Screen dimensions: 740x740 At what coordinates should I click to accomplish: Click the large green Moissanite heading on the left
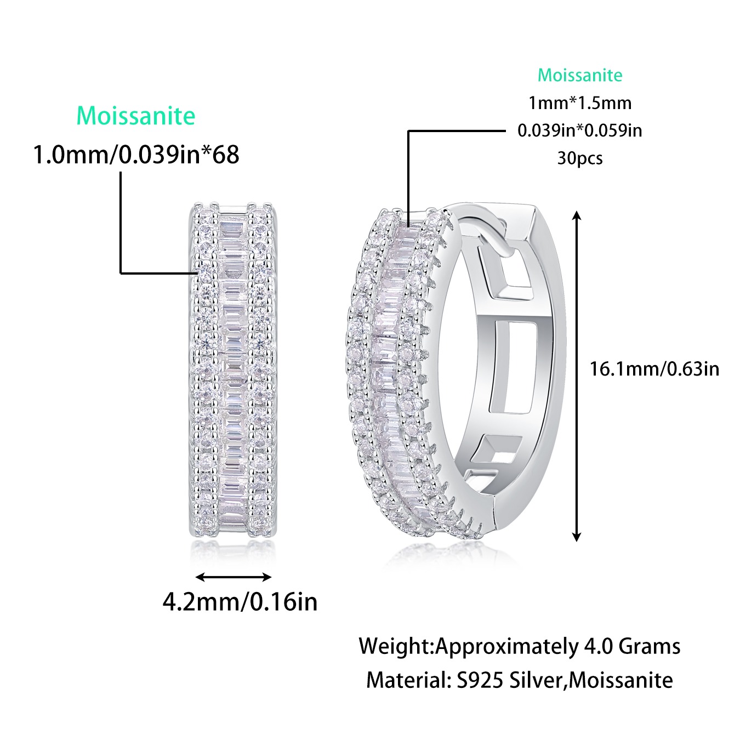136,116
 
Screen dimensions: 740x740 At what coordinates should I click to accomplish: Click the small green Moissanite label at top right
580,75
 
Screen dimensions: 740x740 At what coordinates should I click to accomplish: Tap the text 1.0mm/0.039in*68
136,155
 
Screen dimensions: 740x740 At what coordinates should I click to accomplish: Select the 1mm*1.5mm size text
580,103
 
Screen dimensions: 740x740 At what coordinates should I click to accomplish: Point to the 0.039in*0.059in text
580,130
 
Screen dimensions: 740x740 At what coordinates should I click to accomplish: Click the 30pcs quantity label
580,158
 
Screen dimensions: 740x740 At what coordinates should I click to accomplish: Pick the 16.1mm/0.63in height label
654,368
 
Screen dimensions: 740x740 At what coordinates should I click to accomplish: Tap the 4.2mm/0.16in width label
240,602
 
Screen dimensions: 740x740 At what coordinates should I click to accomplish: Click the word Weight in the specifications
395,646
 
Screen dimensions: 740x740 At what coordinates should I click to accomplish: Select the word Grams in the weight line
650,646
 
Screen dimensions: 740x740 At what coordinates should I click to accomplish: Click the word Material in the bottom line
405,680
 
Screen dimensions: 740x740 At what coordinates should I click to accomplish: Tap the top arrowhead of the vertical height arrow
576,216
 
